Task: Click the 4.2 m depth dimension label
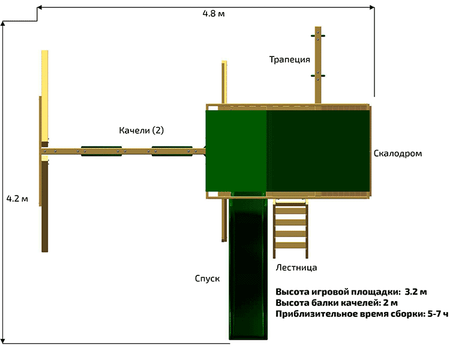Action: pos(17,199)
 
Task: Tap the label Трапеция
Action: pos(289,59)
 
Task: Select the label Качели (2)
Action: pos(141,130)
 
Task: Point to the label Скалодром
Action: pos(397,154)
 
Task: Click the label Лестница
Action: pos(296,268)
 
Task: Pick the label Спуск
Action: pos(207,279)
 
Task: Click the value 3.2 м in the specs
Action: pos(416,292)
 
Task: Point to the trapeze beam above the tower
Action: pos(317,66)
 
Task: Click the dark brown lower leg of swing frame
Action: pos(44,228)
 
